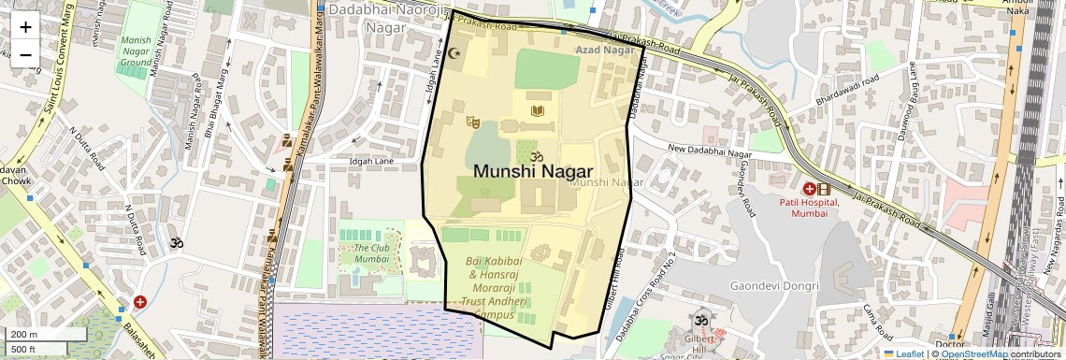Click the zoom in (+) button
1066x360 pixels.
(x=25, y=26)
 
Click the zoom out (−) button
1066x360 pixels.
(x=25, y=54)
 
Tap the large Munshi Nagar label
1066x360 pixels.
(x=534, y=171)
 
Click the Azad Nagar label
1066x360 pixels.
(x=604, y=50)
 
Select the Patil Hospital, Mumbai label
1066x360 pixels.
(x=810, y=208)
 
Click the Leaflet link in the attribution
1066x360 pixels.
(x=903, y=353)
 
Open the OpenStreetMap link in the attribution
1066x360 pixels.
(x=973, y=353)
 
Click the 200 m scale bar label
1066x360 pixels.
(x=23, y=335)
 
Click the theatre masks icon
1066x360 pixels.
(x=473, y=122)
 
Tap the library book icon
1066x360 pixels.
(x=537, y=112)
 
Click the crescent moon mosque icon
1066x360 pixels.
(x=455, y=53)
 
